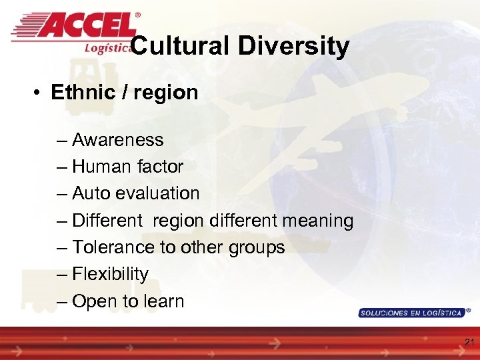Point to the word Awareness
[117, 140]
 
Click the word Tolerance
[113, 247]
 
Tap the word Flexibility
[110, 274]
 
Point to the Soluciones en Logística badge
[411, 312]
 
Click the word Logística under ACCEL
[107, 47]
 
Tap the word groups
[257, 248]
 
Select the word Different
[107, 221]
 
